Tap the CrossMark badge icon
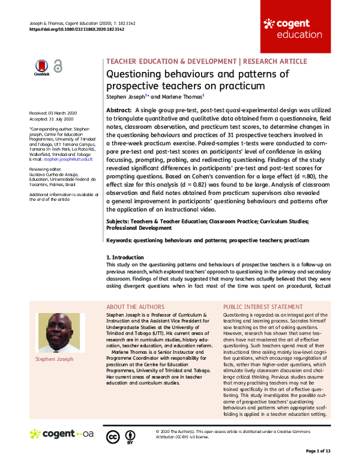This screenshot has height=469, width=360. click(41, 68)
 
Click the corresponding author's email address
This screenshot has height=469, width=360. click(68, 160)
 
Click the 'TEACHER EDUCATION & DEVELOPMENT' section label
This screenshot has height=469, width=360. click(170, 61)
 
